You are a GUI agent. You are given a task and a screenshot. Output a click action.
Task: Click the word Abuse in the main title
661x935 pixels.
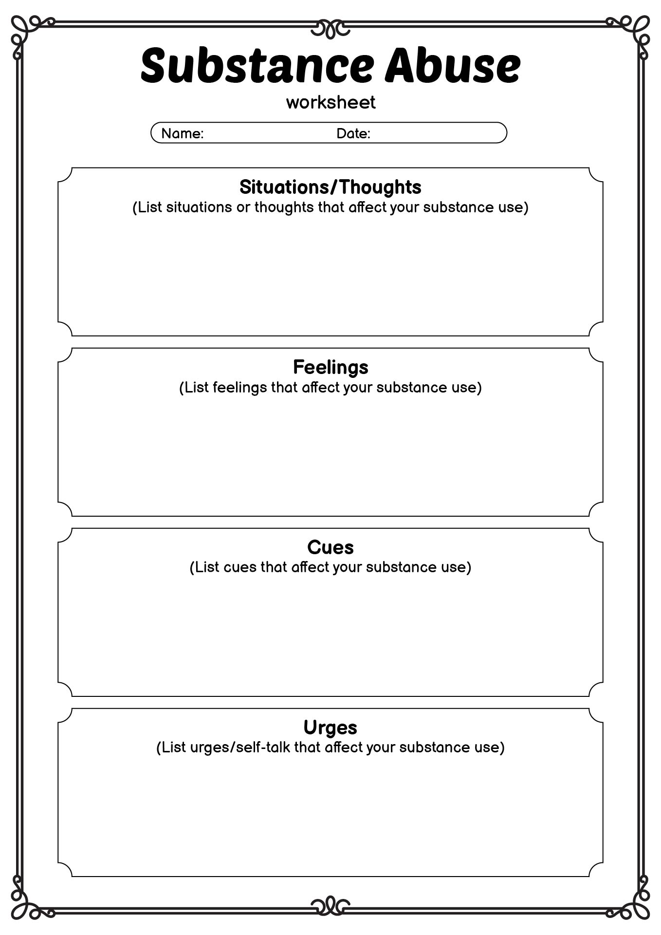click(453, 65)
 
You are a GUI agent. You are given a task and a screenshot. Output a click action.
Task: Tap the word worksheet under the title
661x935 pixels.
click(330, 102)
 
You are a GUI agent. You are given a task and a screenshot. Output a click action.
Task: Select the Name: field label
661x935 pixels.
click(183, 133)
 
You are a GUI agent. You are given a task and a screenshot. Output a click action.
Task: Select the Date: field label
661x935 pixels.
click(353, 133)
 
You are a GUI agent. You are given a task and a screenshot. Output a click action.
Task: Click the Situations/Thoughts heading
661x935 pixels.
click(330, 187)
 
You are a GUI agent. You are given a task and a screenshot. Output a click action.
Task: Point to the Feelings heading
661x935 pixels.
click(330, 367)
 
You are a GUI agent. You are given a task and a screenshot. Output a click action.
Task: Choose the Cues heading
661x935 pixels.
click(330, 547)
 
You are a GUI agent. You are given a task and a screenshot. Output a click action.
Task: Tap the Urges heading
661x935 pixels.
click(330, 728)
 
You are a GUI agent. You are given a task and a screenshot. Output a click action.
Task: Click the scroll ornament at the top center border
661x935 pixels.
click(330, 28)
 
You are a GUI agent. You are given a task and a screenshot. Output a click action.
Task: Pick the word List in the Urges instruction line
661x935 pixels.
click(174, 748)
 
